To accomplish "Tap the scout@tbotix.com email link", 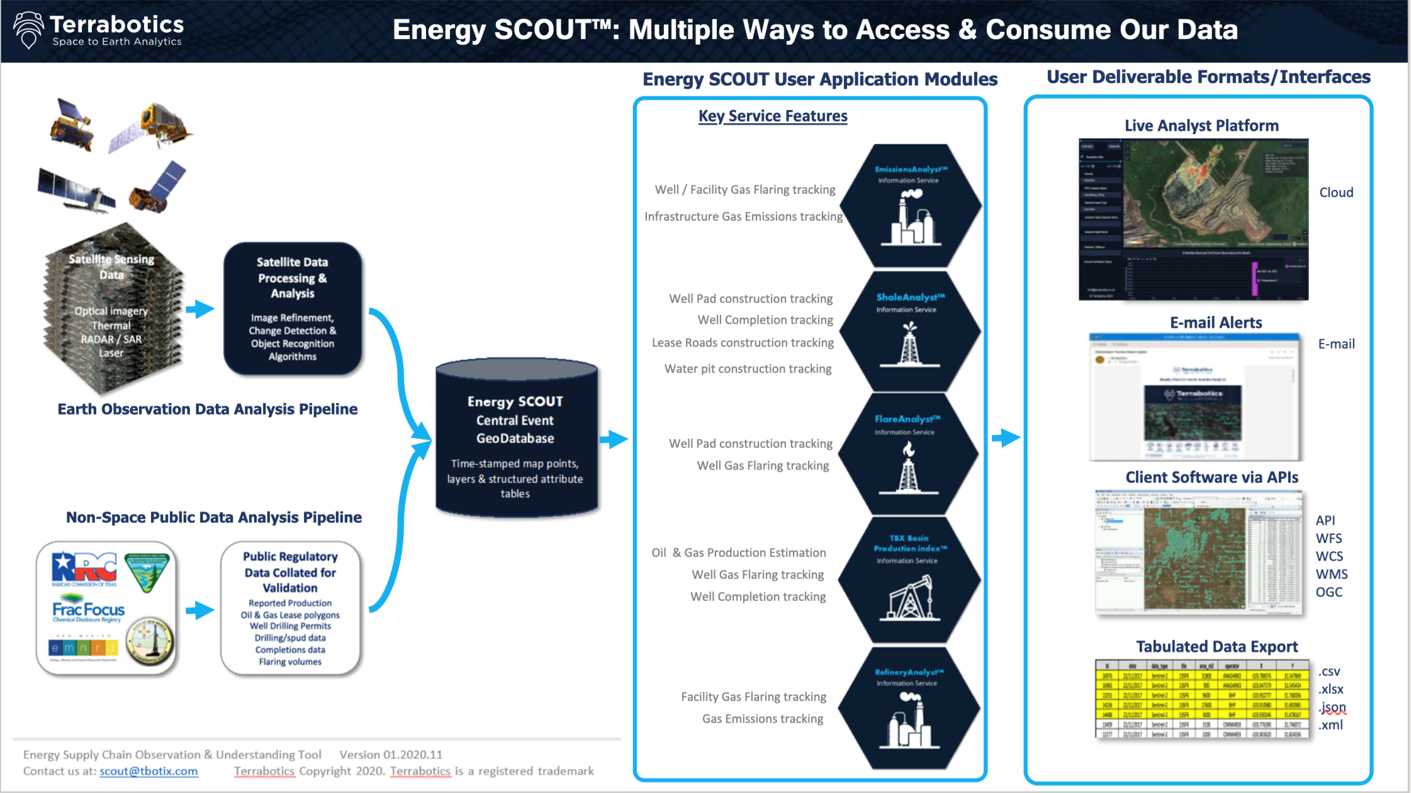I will [149, 772].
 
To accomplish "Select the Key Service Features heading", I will [772, 116].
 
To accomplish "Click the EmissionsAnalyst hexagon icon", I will [910, 206].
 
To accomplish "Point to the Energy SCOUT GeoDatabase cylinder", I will [515, 441].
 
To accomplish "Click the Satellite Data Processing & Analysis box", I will [293, 308].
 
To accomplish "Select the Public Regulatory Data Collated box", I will [290, 608].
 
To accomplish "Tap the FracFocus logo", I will [88, 610].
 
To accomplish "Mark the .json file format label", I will [1332, 707].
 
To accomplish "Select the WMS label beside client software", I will [1331, 575].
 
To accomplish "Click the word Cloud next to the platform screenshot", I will [1335, 193].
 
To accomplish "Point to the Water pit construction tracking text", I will [748, 369].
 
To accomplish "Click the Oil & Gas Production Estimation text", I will [738, 553].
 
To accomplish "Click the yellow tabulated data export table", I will [1202, 699].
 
